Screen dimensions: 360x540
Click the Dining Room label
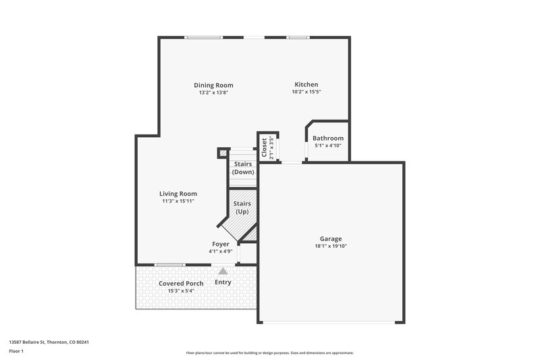point(213,85)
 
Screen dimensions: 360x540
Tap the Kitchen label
point(306,84)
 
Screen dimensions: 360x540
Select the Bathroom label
point(328,138)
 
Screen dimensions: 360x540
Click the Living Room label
point(178,194)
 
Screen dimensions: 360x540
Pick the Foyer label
point(221,244)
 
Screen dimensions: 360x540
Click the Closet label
point(264,147)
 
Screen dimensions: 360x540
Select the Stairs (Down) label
point(242,168)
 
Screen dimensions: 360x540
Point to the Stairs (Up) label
point(242,207)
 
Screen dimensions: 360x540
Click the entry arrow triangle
point(223,270)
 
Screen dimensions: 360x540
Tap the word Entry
point(223,282)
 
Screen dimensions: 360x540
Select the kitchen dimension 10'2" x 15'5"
point(306,92)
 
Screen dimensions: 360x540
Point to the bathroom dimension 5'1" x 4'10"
point(328,146)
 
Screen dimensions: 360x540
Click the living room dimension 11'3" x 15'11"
point(178,201)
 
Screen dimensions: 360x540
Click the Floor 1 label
point(16,351)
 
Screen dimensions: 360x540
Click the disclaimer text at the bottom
point(269,353)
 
